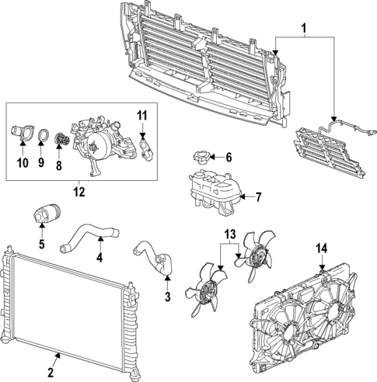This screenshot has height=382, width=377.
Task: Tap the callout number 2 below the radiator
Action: [56, 359]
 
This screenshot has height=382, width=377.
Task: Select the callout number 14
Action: [321, 248]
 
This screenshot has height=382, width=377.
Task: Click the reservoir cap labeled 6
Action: [199, 158]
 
